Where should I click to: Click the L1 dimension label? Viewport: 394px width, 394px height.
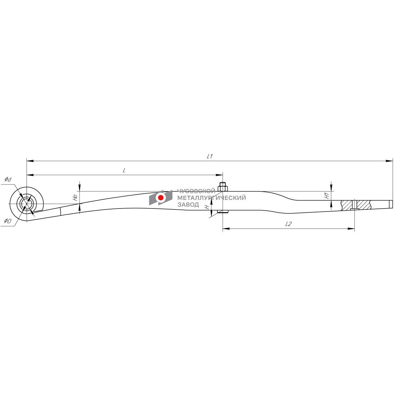coord(209,157)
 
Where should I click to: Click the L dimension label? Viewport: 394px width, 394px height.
coord(124,170)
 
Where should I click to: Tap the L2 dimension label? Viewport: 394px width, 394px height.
coord(288,224)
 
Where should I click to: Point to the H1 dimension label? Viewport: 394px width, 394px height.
coord(327,196)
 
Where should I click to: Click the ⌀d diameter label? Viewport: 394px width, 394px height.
coord(8,180)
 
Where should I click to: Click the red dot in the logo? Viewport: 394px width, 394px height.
coord(161,198)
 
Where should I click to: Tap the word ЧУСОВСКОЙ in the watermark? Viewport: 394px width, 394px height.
coord(196,191)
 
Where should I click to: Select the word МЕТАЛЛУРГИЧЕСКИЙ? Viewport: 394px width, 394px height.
coord(212,198)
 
